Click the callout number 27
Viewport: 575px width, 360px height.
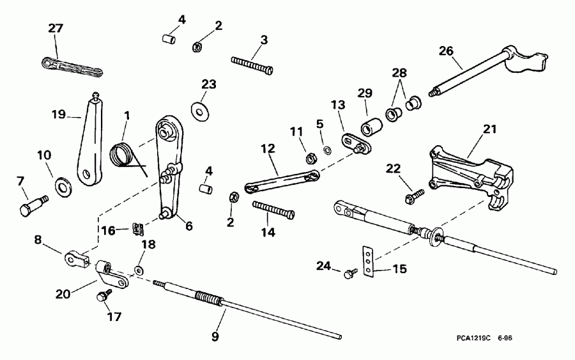click(57, 28)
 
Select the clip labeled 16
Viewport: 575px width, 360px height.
click(137, 227)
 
